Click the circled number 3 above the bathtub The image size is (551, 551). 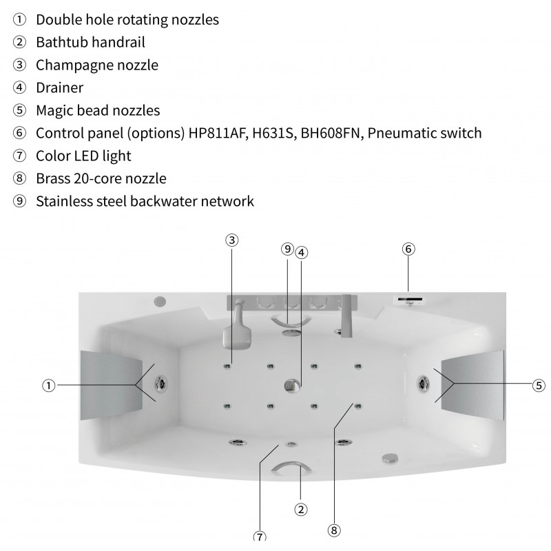(231, 240)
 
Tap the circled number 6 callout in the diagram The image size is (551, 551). (408, 249)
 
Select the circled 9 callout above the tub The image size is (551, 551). (287, 249)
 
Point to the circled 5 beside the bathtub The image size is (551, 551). (539, 386)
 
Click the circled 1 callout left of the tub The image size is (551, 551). (49, 386)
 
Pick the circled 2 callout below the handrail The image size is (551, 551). (300, 509)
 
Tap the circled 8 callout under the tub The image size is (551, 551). (334, 530)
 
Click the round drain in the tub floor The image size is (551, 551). (292, 386)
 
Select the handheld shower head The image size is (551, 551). (237, 333)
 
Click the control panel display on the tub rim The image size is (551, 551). (410, 300)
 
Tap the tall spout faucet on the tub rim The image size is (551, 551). (346, 315)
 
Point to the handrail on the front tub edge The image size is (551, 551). (291, 468)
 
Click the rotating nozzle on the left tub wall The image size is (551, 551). (161, 383)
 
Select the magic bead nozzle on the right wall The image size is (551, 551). (423, 383)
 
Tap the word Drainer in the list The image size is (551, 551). (60, 87)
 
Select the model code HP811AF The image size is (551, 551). (216, 133)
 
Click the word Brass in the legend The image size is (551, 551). (53, 178)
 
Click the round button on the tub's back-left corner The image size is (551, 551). (160, 301)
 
